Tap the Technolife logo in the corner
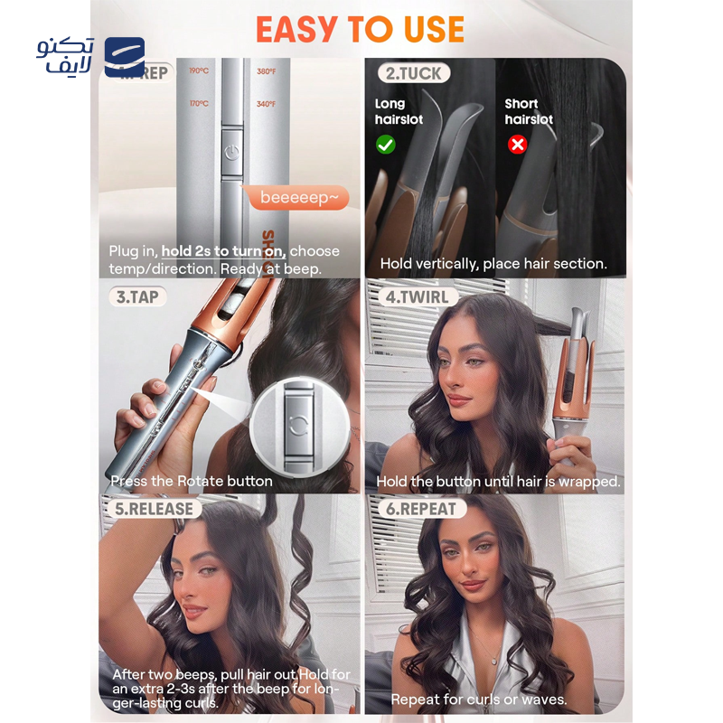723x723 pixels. coord(90,56)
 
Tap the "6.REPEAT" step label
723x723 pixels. coord(421,509)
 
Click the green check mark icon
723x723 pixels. coord(385,144)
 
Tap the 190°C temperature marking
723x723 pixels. coord(199,71)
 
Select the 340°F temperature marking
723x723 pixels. coord(266,104)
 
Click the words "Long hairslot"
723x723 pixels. coord(390,111)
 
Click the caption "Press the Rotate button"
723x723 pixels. coord(191,481)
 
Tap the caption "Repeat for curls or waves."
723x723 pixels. coord(478,699)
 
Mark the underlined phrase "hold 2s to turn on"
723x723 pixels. coord(223,250)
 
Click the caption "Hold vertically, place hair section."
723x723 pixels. coord(493,264)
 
